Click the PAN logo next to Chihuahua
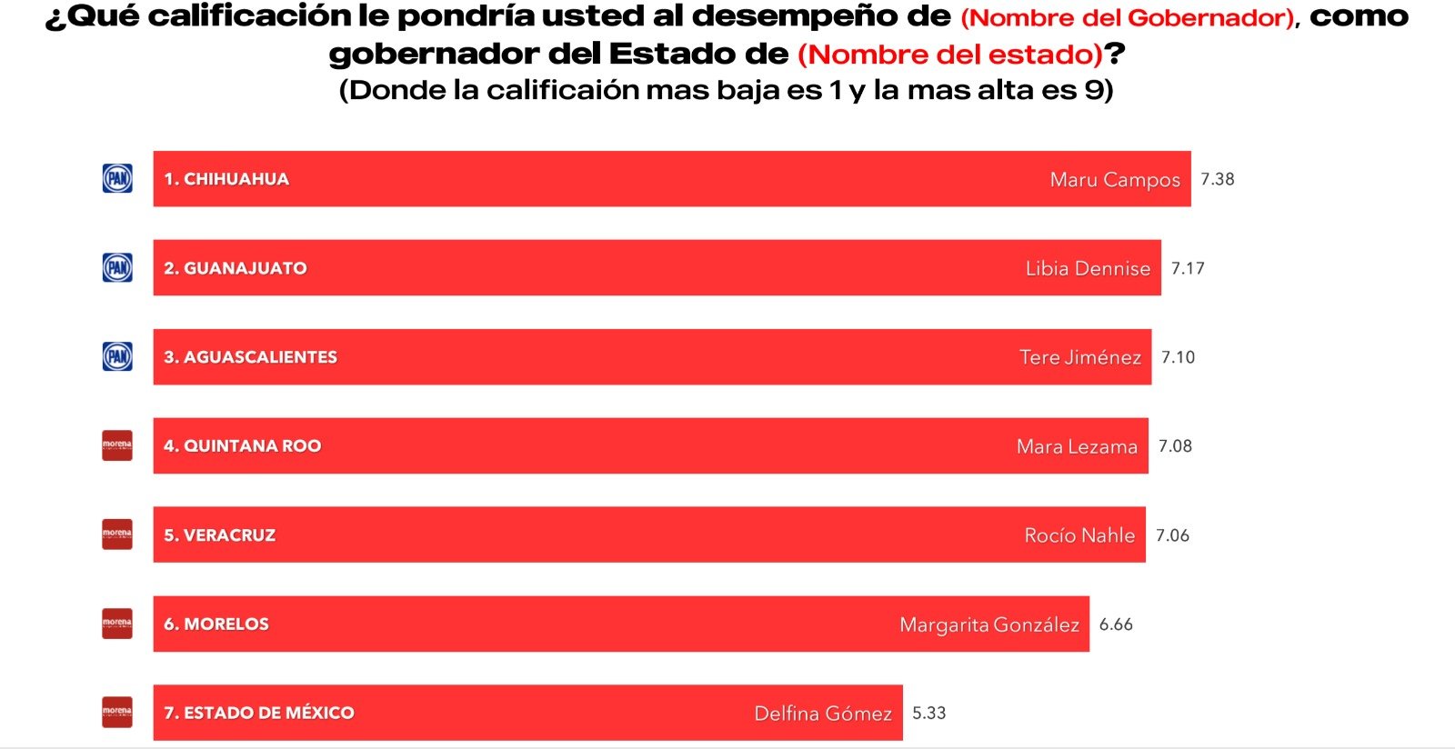[117, 178]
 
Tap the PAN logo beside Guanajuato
[117, 267]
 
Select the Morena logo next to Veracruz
[117, 534]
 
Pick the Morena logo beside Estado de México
[117, 713]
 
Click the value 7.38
[1217, 179]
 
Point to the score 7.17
[1187, 268]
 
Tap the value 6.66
[1116, 624]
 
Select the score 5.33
[928, 713]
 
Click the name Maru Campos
[1115, 180]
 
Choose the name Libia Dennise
[1088, 268]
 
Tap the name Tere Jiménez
[1079, 357]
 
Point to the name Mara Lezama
[1077, 446]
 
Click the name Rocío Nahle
[1079, 535]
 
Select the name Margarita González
[989, 624]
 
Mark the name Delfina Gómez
[823, 714]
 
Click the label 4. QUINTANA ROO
[242, 446]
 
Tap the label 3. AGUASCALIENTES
[250, 357]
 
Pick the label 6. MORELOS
[216, 624]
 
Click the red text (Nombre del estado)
[949, 55]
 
